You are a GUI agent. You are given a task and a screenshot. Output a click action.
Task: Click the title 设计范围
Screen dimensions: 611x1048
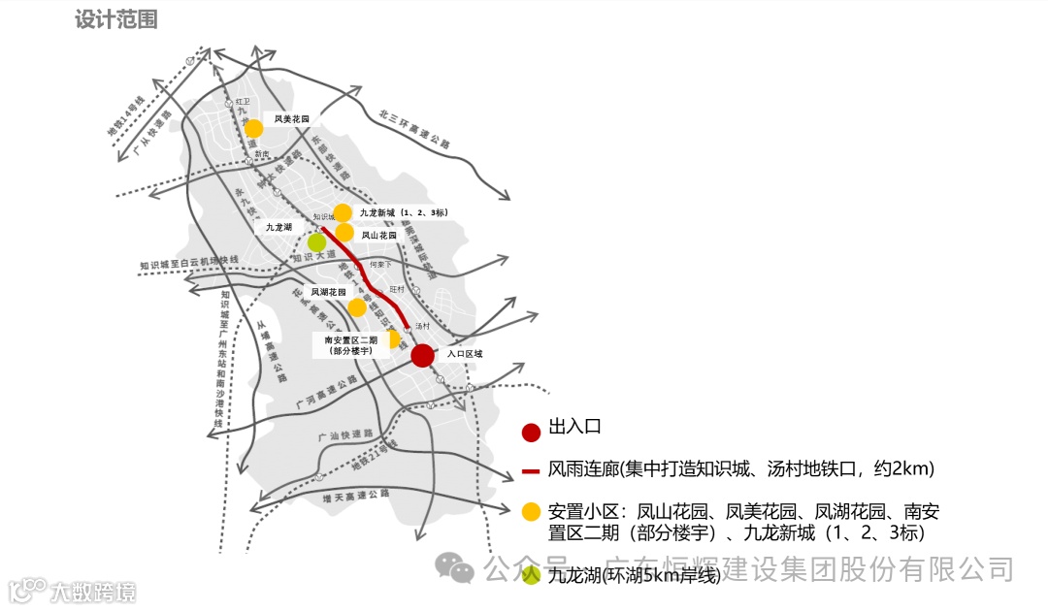click(115, 19)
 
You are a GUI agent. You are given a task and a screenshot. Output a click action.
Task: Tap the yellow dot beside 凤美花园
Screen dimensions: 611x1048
click(253, 129)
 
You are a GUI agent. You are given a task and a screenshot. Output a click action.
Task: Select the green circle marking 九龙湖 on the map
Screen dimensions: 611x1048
click(316, 242)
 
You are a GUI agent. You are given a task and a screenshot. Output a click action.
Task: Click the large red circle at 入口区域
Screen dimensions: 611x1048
click(422, 356)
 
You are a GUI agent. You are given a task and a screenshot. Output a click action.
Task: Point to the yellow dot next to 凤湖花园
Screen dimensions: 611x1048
click(357, 307)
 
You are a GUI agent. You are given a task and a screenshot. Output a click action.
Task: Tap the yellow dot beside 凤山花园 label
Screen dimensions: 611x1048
click(344, 233)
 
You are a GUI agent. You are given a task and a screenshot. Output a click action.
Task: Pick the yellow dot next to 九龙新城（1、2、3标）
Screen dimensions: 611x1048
click(343, 212)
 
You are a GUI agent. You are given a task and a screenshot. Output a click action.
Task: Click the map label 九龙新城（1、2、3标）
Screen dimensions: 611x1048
click(403, 212)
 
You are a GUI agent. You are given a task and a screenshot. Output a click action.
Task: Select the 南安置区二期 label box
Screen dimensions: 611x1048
click(350, 345)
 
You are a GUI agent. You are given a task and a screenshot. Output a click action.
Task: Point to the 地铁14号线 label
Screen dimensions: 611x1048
click(125, 122)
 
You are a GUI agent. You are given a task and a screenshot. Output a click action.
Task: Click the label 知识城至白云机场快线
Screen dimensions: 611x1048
click(188, 263)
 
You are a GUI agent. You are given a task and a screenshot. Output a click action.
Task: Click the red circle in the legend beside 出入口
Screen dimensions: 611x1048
click(531, 433)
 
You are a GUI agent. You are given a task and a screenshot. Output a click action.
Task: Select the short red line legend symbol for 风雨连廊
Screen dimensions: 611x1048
click(531, 471)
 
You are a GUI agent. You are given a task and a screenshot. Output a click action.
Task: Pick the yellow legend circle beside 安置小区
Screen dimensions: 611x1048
click(531, 511)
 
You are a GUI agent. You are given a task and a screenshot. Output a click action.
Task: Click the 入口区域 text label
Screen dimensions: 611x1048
click(464, 355)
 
